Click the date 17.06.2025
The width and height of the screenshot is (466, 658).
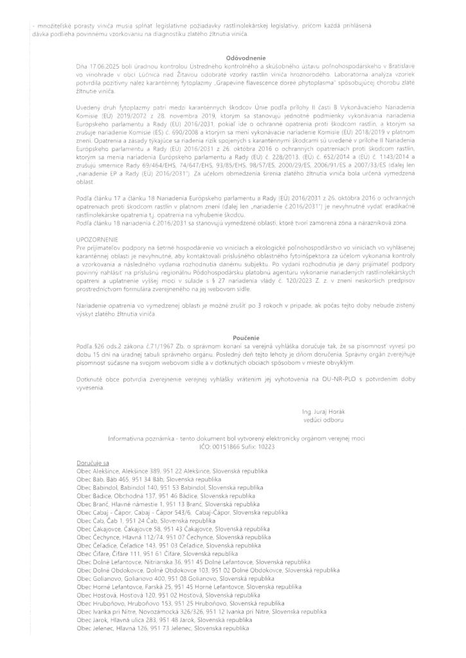click(102, 66)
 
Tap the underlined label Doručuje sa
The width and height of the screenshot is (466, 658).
click(93, 463)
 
